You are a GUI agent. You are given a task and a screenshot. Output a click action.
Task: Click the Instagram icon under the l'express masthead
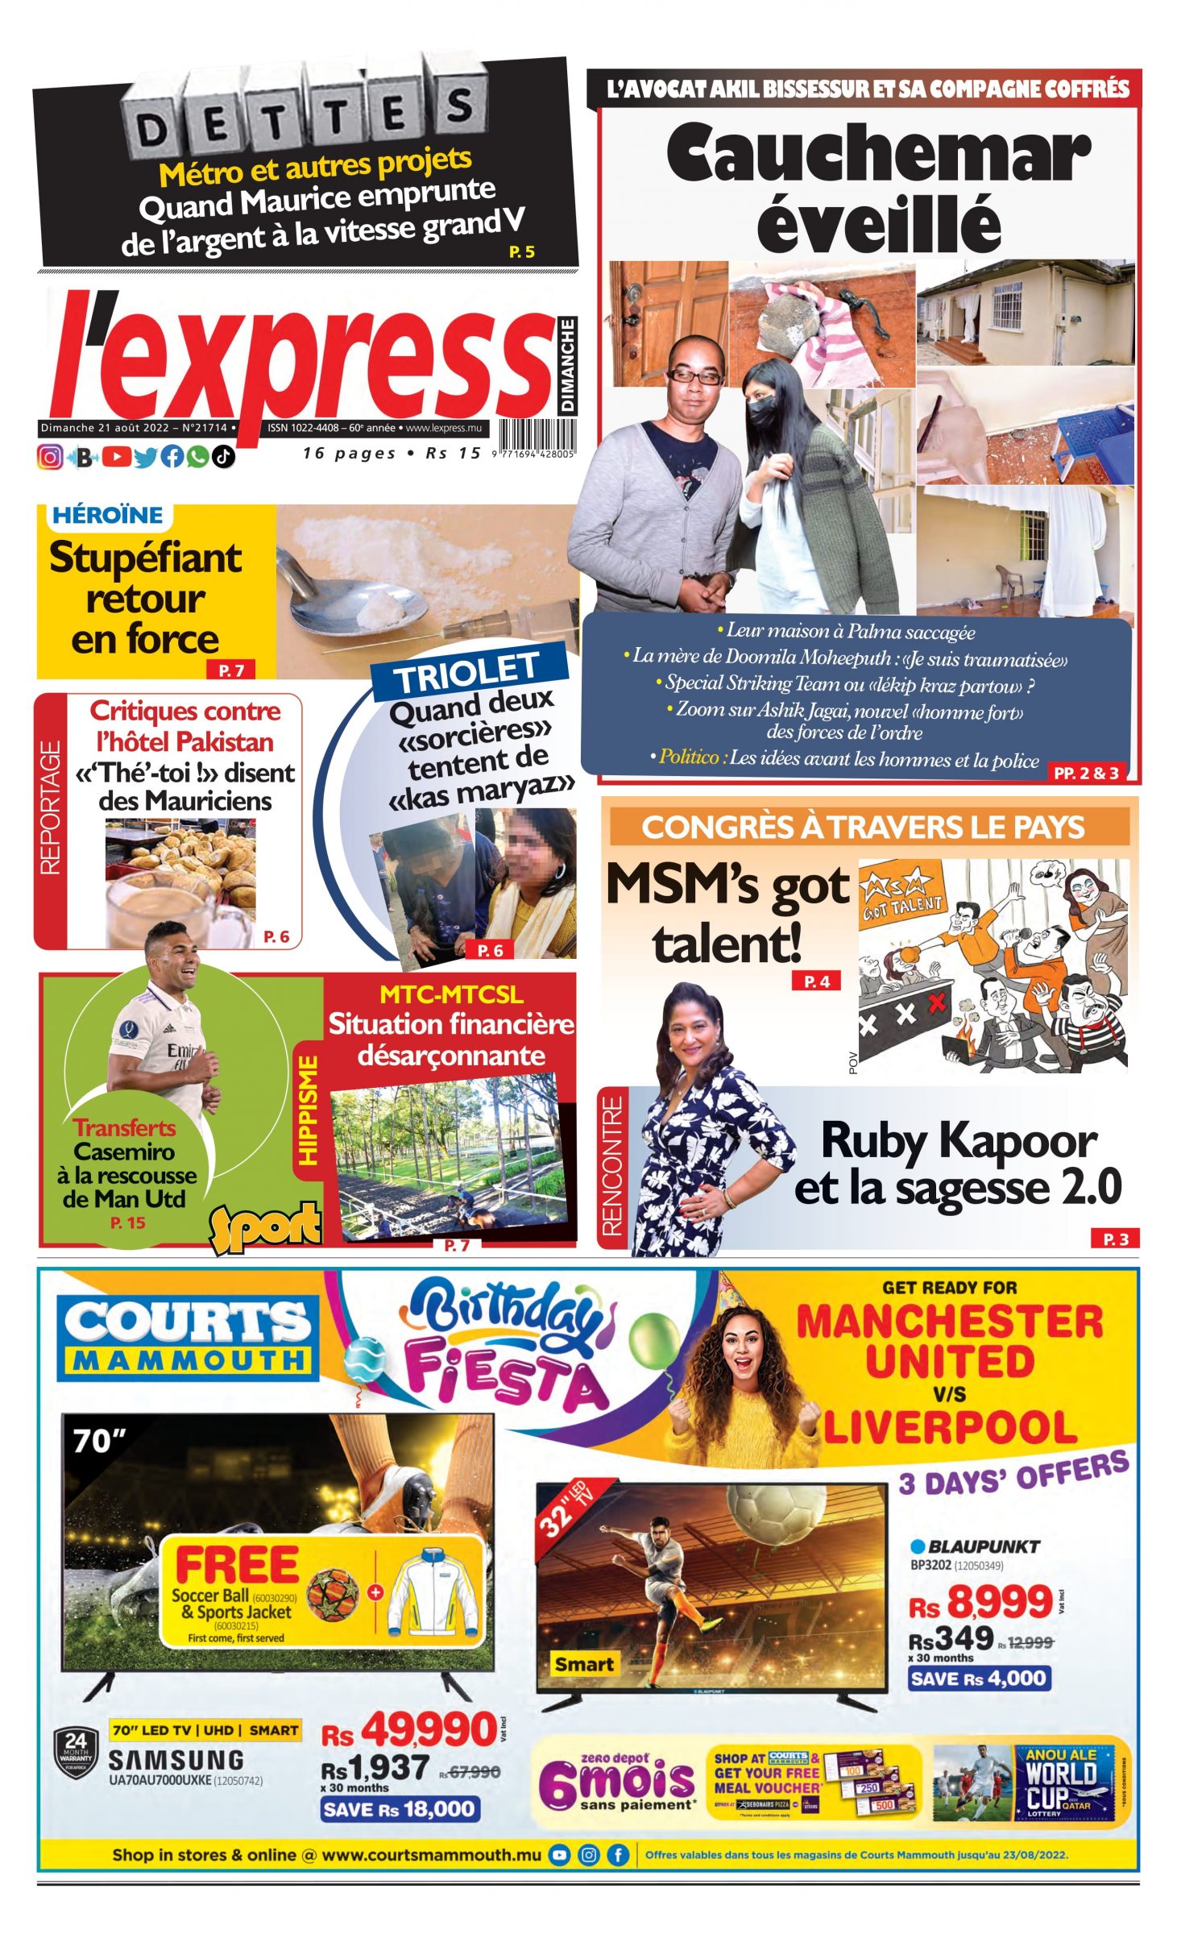[x=50, y=457]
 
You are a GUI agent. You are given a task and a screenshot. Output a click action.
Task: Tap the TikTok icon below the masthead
[x=223, y=457]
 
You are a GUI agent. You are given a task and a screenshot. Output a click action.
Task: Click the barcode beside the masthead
[x=536, y=438]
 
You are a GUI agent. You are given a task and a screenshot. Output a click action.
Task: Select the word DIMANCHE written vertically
[x=568, y=364]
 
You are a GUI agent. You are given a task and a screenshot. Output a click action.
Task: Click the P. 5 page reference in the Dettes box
[x=521, y=251]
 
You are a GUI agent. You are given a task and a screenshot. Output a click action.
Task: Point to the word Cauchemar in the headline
[x=877, y=153]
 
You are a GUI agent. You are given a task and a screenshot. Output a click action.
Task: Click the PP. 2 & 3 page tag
[x=1085, y=773]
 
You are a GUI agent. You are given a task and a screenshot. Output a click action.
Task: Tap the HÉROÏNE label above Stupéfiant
[x=107, y=515]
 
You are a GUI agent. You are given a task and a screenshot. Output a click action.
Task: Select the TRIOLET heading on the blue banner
[x=467, y=670]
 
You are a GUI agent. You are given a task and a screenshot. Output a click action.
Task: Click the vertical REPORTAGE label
[x=51, y=807]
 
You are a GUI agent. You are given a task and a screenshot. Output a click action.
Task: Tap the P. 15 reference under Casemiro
[x=127, y=1222]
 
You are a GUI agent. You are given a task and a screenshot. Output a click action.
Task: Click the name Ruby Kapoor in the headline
[x=959, y=1141]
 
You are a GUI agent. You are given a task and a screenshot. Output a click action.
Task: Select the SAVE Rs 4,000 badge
[x=979, y=1679]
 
